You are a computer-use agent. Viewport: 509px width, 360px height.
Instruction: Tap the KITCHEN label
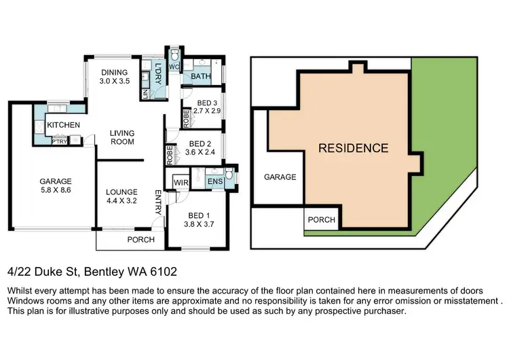point(64,125)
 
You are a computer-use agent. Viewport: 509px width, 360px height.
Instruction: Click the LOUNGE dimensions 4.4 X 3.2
point(121,202)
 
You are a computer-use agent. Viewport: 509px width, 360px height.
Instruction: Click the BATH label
point(200,77)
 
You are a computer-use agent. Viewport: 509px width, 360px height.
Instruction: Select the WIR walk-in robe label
point(181,182)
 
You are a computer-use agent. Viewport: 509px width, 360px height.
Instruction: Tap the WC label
point(173,67)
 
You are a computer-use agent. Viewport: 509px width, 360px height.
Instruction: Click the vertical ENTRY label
point(158,202)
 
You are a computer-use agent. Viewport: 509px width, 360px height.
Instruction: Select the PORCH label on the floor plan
point(141,240)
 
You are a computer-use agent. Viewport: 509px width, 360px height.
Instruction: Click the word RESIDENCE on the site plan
point(354,148)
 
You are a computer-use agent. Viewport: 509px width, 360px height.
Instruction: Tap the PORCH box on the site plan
point(321,220)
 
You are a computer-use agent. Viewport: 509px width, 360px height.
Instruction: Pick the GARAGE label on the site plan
point(280,177)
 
